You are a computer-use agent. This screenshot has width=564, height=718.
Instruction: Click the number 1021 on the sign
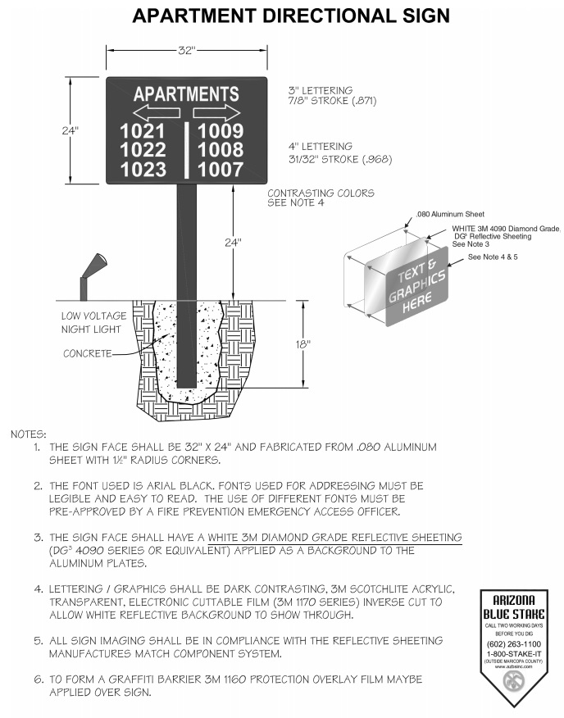point(143,131)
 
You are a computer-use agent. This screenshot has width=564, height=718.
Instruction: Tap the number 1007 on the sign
point(221,170)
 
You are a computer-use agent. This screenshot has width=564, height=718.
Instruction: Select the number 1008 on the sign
point(221,150)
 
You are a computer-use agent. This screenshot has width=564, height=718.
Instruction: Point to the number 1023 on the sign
point(143,170)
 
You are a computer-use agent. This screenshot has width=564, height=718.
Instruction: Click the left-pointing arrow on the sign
point(156,112)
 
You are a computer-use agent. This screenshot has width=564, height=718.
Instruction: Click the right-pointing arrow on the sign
point(216,112)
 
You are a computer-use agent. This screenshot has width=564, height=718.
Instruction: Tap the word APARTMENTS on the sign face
point(186,93)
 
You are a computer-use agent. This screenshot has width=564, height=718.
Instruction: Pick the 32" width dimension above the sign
point(187,51)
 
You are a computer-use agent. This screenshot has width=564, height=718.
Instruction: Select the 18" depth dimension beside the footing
point(302,344)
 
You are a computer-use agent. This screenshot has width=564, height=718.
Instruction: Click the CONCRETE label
point(88,354)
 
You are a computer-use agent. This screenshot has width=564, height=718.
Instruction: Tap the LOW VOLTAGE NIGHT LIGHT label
point(93,322)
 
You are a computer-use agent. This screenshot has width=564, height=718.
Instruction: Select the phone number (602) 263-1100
point(514,644)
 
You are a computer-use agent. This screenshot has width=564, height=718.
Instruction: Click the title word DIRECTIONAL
point(315,16)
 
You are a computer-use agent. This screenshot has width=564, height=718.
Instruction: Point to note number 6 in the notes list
point(38,679)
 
